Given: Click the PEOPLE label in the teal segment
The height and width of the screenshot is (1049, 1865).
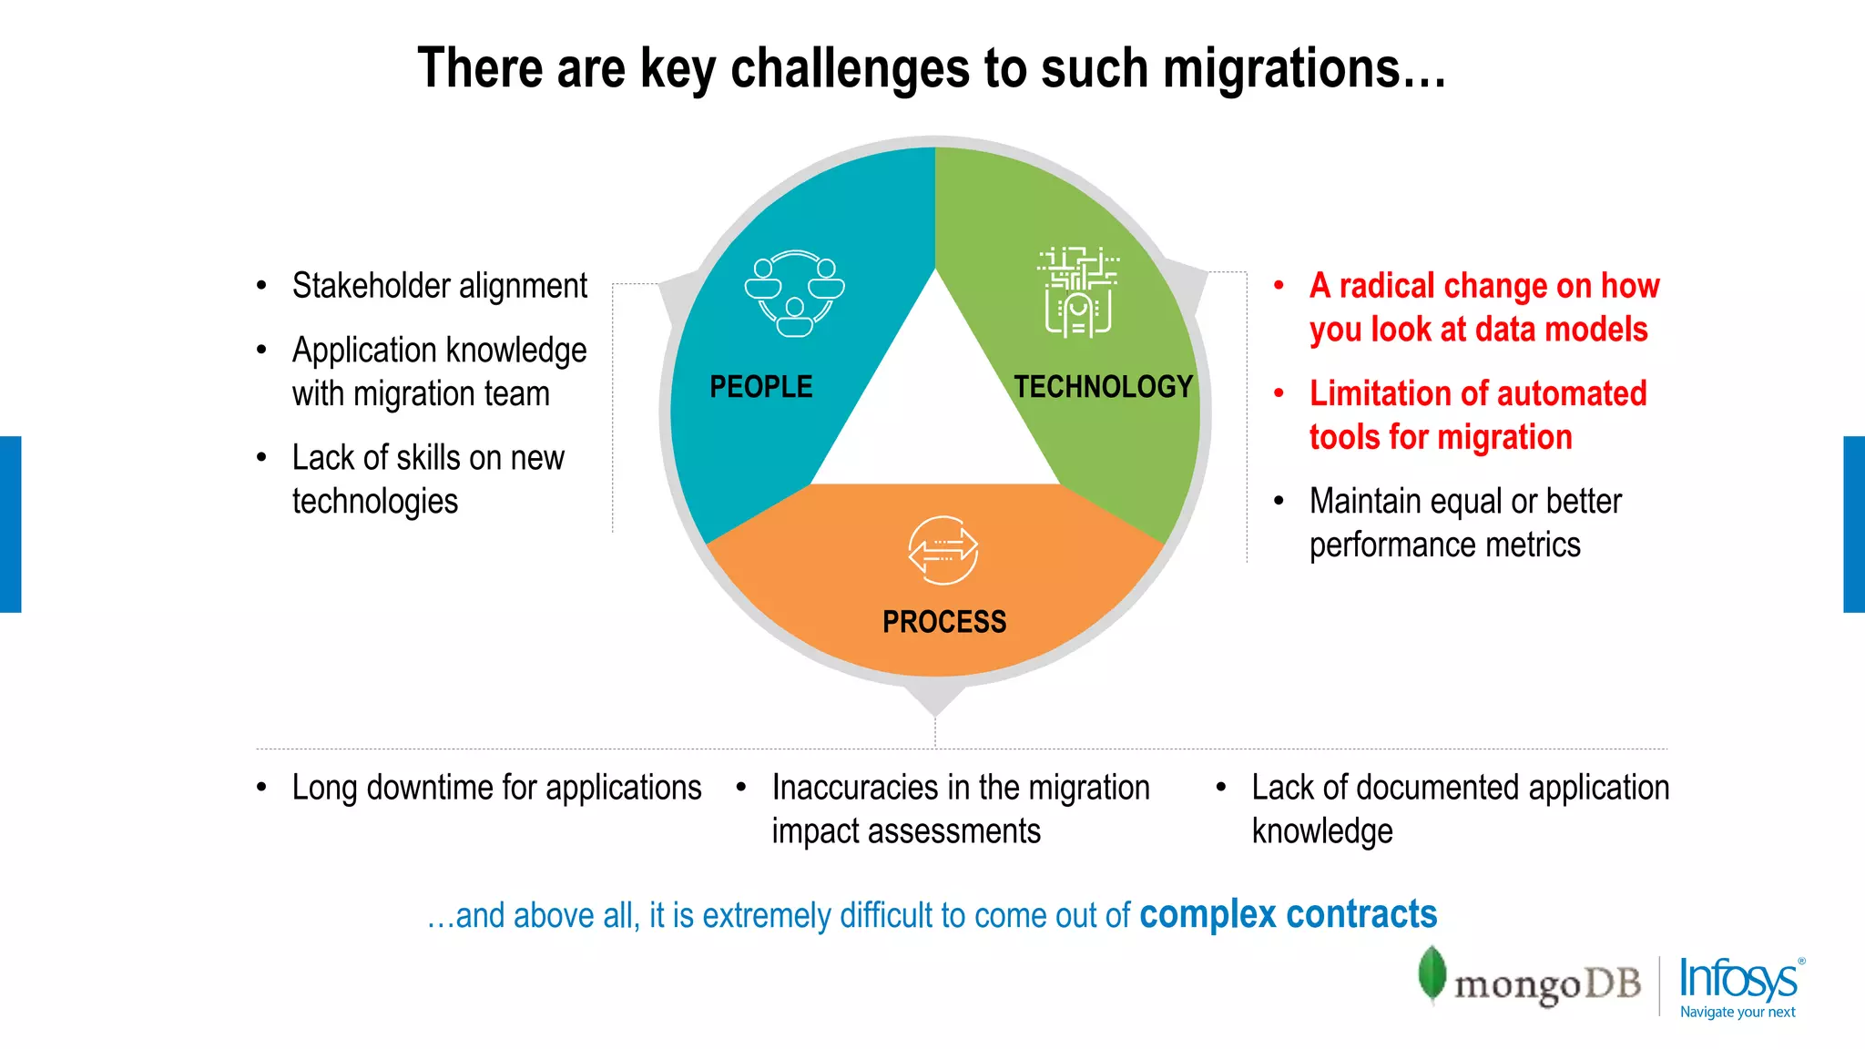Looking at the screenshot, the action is tap(760, 387).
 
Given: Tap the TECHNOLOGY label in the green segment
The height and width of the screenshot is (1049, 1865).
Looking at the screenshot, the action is tap(1103, 387).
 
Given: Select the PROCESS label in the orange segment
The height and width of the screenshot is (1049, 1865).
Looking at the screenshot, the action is tap(944, 622).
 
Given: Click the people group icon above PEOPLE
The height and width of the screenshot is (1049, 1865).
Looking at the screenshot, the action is tap(794, 293).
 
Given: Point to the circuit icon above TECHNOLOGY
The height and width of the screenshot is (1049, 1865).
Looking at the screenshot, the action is tap(1078, 291).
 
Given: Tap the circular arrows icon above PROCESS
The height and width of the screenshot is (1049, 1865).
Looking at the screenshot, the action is tap(943, 550).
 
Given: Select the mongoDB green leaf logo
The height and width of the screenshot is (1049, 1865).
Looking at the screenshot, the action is tap(1432, 973).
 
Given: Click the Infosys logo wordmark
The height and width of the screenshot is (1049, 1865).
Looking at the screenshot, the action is tap(1738, 979).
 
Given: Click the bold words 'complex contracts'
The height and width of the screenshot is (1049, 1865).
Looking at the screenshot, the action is tap(1288, 914).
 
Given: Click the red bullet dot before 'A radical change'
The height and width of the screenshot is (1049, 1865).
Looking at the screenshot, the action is tap(1279, 286).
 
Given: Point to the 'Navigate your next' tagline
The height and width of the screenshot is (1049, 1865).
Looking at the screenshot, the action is tap(1738, 1013).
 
